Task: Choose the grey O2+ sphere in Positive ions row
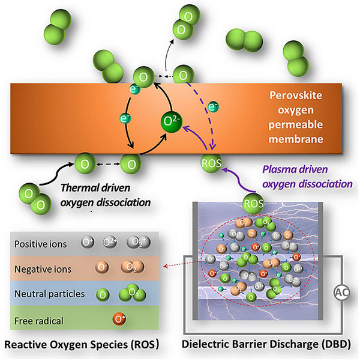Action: [110, 244]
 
